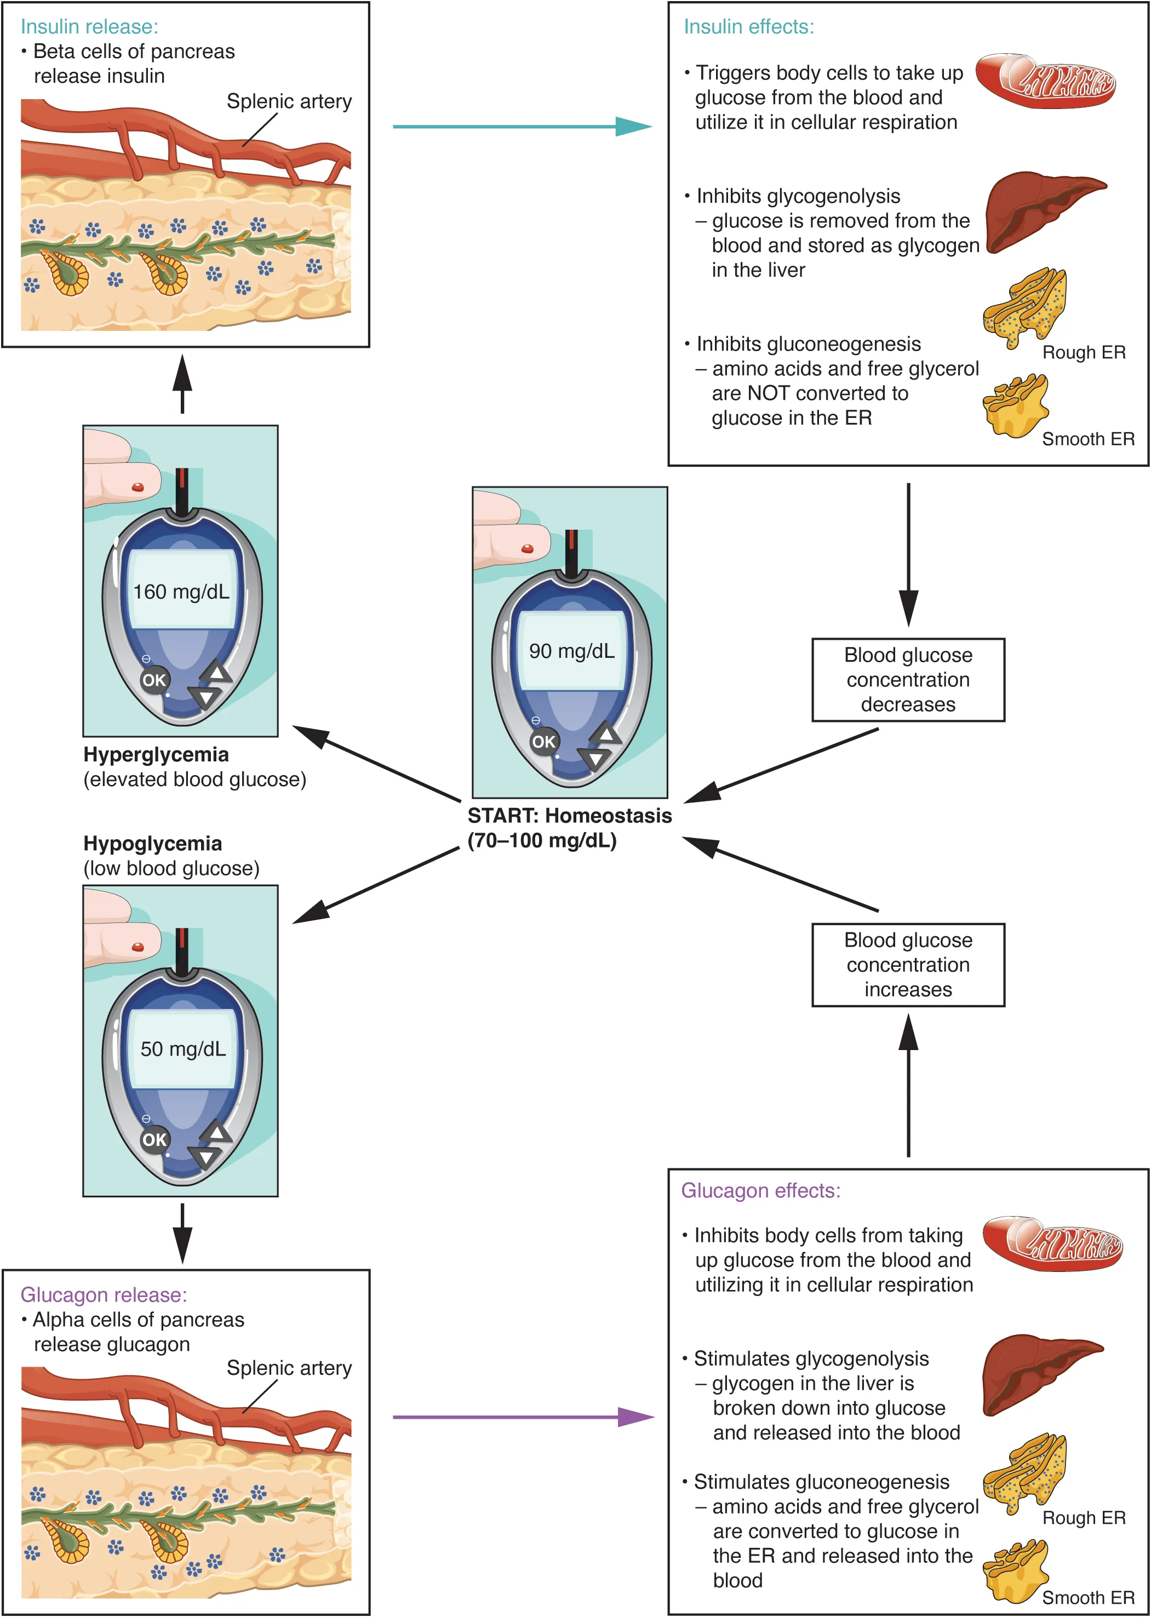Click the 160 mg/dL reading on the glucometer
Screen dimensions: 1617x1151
pyautogui.click(x=181, y=592)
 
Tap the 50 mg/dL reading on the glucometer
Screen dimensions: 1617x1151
pyautogui.click(x=183, y=1050)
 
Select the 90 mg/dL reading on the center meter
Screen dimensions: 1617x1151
pyautogui.click(x=571, y=651)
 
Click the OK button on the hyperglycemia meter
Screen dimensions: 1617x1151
pyautogui.click(x=154, y=680)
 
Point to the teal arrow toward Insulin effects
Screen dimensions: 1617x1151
pyautogui.click(x=521, y=127)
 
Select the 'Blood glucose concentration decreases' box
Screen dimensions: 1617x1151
pyautogui.click(x=907, y=680)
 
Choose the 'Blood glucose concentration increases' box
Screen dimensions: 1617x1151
pyautogui.click(x=907, y=965)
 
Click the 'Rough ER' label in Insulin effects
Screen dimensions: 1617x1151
pyautogui.click(x=1083, y=352)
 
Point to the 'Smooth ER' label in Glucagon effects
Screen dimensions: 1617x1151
pyautogui.click(x=1087, y=1597)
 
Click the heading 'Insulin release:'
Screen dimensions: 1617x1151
pyautogui.click(x=89, y=27)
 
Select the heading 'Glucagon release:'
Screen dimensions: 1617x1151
pyautogui.click(x=104, y=1294)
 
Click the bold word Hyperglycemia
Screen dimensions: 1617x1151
pyautogui.click(x=156, y=755)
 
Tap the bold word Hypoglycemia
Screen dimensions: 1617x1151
pyautogui.click(x=152, y=843)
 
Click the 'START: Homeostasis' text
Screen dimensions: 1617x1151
pyautogui.click(x=569, y=816)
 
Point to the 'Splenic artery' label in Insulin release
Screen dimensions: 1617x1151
pyautogui.click(x=289, y=101)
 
